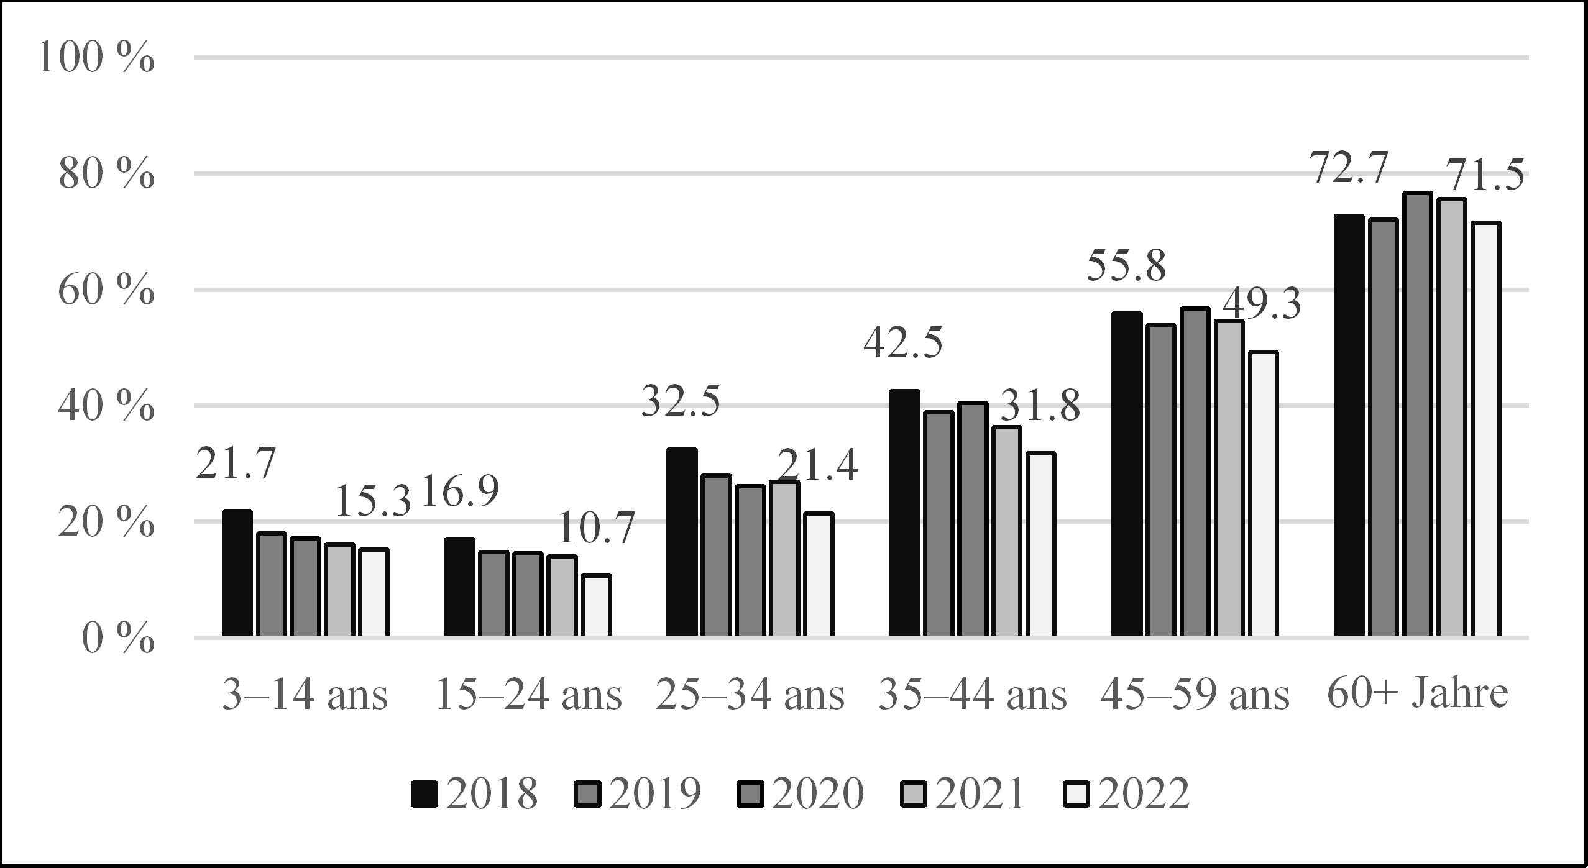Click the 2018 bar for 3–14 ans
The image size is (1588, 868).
[x=237, y=573]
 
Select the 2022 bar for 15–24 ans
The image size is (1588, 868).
[x=596, y=606]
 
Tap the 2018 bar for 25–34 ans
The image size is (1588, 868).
[x=682, y=542]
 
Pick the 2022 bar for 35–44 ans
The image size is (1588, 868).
[x=1040, y=545]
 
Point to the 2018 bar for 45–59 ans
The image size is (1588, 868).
[x=1127, y=474]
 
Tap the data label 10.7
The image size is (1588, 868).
[x=595, y=528]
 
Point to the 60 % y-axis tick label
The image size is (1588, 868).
[x=106, y=290]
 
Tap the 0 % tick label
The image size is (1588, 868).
[x=117, y=638]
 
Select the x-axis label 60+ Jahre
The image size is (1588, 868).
[x=1418, y=695]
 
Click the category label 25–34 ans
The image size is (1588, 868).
[x=750, y=695]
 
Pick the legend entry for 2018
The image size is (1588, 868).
[x=474, y=793]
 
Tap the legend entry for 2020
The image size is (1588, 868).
[x=801, y=793]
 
